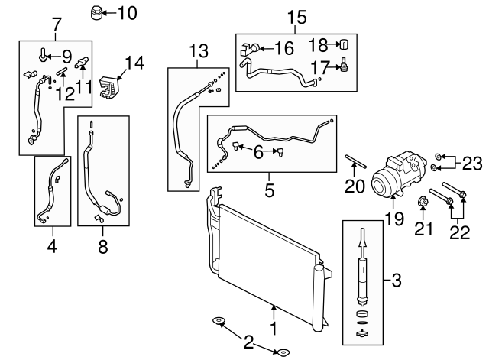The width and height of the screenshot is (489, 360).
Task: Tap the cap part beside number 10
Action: pyautogui.click(x=96, y=13)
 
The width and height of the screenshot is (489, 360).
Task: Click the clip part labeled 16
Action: pyautogui.click(x=248, y=50)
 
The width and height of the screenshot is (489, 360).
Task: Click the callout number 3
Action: pyautogui.click(x=396, y=282)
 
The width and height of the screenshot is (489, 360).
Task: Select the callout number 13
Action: pyautogui.click(x=198, y=51)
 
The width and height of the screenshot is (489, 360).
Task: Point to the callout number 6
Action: pyautogui.click(x=259, y=153)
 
